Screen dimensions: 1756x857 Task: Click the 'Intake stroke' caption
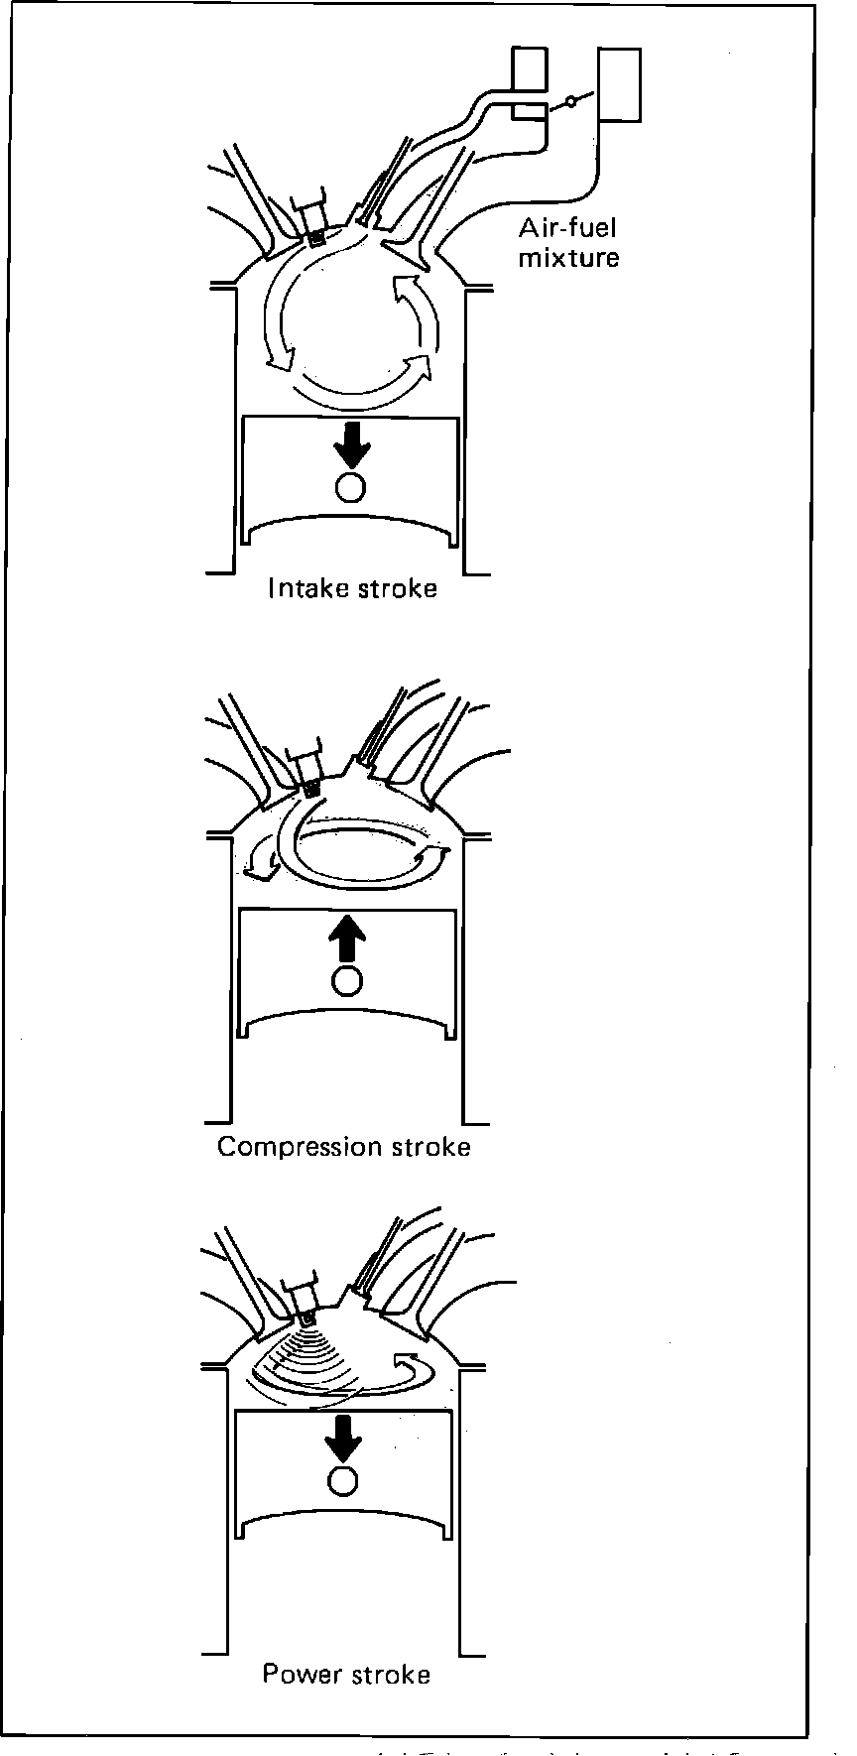[x=352, y=588]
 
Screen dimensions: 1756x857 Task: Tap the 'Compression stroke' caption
[x=343, y=1147]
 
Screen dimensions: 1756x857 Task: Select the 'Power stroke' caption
[x=346, y=1675]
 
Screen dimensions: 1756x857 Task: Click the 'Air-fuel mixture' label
[x=568, y=243]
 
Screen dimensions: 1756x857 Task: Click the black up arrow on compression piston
[x=346, y=936]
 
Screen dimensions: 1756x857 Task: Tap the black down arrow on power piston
[x=344, y=1437]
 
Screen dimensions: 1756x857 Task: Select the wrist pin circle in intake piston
[x=350, y=487]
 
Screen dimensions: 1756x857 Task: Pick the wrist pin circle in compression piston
[x=346, y=980]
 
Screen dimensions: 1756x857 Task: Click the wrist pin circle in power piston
[x=344, y=1481]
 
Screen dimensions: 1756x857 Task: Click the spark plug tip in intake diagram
[x=316, y=238]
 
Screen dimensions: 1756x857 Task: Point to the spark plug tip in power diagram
[x=307, y=1318]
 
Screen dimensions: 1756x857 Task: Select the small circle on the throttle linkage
[x=569, y=102]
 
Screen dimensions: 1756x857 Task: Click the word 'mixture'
[x=568, y=258]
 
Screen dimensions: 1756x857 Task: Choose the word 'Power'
[x=296, y=1675]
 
